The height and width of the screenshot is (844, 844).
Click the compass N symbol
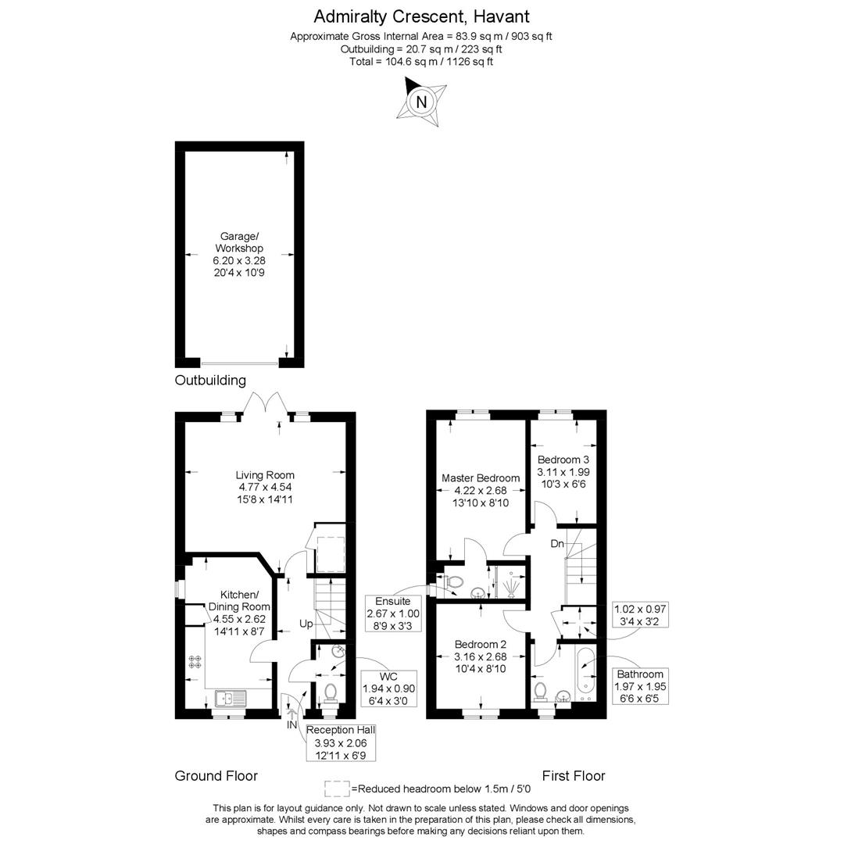[422, 102]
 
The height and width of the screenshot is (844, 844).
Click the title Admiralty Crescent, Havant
[421, 16]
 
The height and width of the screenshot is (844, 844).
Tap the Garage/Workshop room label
[238, 254]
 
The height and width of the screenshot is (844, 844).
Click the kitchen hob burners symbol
[195, 661]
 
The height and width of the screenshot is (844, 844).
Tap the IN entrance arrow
[292, 713]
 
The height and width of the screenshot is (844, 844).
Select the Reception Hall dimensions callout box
[341, 742]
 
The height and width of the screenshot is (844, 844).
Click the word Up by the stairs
[306, 624]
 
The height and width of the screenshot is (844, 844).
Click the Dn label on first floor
[557, 543]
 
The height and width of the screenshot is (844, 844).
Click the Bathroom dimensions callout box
[640, 685]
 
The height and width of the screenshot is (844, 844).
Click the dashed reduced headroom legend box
[337, 788]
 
